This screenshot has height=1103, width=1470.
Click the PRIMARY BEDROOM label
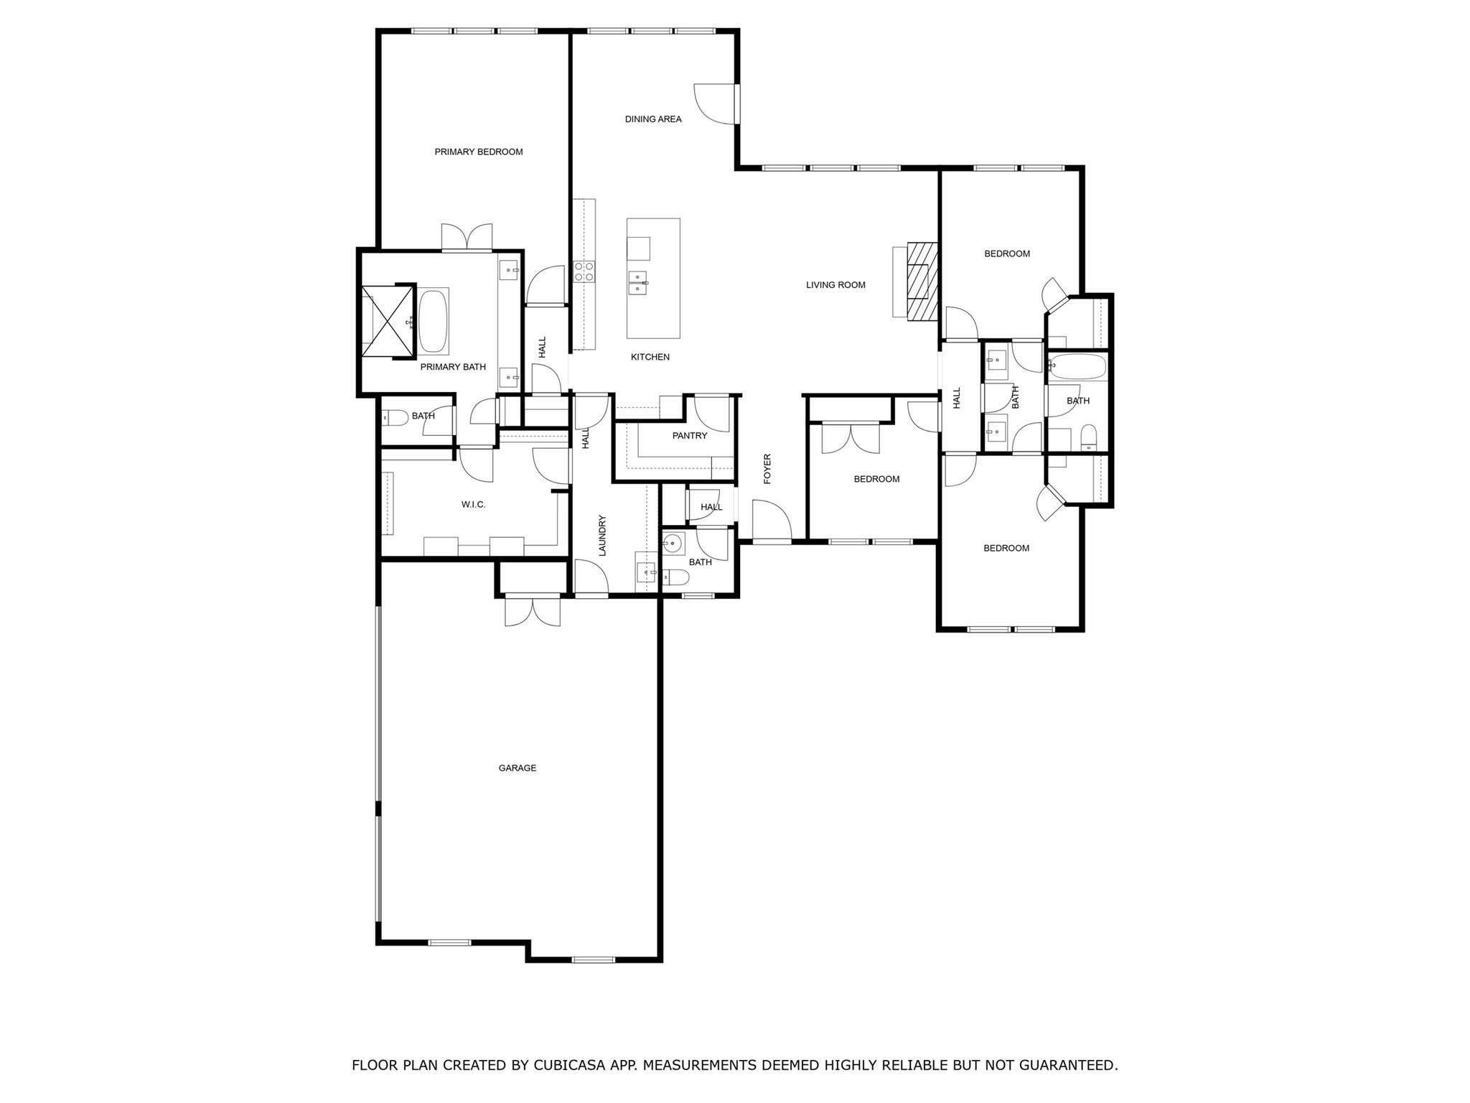[x=478, y=152]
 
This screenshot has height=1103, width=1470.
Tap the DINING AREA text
[x=652, y=119]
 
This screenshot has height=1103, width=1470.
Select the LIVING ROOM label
[x=835, y=285]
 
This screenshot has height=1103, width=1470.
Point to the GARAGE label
[x=517, y=768]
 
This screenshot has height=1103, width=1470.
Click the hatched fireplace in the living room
[x=922, y=281]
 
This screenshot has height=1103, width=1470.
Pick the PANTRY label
[x=689, y=436]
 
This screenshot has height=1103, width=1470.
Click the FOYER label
[x=767, y=468]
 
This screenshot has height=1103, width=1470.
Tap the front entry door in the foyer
[x=771, y=521]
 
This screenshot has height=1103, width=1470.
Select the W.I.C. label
[x=473, y=505]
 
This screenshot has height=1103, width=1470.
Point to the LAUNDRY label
[x=602, y=535]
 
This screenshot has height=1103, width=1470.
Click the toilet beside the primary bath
[x=395, y=416]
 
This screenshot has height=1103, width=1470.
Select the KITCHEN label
[x=650, y=357]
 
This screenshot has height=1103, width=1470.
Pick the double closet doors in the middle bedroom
[x=851, y=438]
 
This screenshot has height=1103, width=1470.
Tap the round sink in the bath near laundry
[x=673, y=543]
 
